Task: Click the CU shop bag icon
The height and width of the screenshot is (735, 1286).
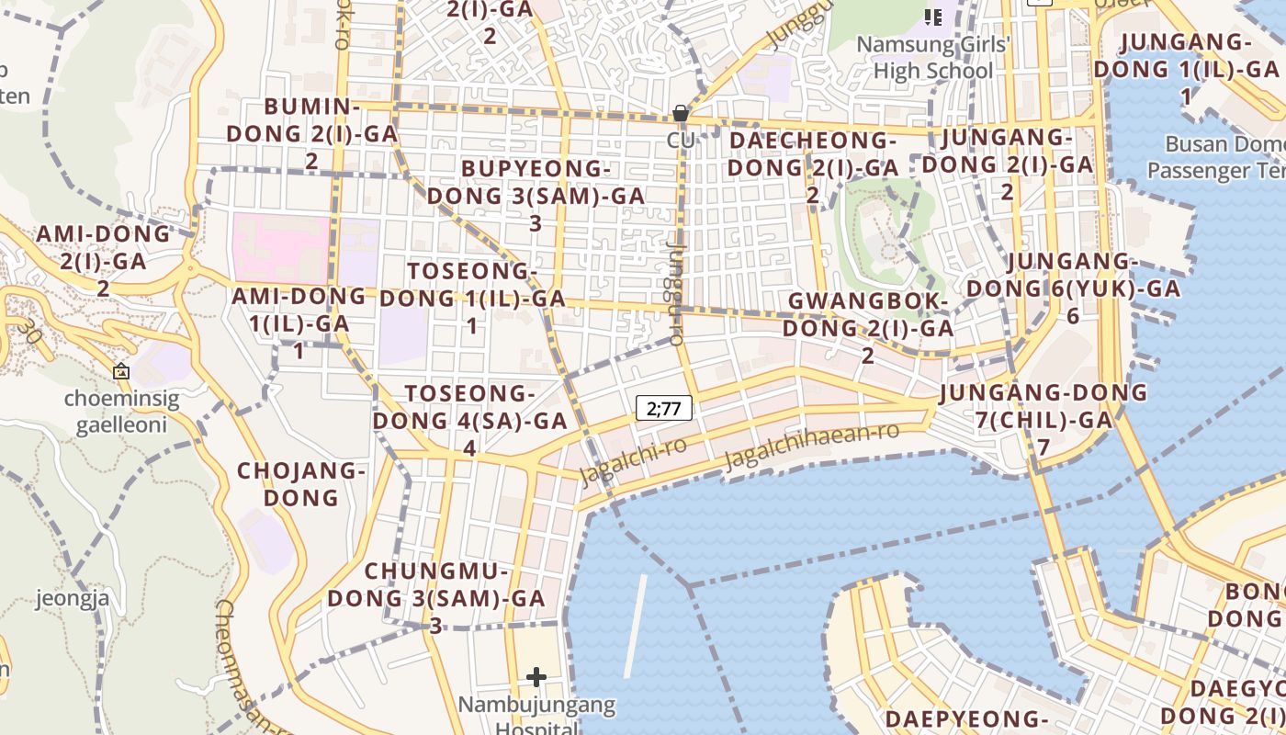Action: (x=681, y=114)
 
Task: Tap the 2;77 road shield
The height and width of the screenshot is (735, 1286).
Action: (x=664, y=408)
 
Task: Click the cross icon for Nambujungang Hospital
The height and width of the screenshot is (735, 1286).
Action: (x=536, y=678)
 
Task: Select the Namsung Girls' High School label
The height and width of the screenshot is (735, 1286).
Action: (x=933, y=57)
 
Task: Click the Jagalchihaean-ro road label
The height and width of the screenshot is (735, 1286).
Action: (x=812, y=447)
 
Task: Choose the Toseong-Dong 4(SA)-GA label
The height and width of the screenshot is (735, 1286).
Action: (x=470, y=420)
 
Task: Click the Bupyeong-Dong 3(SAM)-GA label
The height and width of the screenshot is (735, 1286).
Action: (x=536, y=196)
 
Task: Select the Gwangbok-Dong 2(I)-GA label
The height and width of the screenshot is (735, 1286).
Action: (x=867, y=327)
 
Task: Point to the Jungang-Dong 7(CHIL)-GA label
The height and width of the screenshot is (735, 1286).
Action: (x=1043, y=419)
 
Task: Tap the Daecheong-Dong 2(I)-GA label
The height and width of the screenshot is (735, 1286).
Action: (x=813, y=167)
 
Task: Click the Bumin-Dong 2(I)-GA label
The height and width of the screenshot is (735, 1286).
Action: (x=312, y=133)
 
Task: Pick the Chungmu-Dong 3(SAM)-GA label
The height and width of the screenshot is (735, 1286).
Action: (x=436, y=597)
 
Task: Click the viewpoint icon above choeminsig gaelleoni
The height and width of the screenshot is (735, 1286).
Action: (x=120, y=372)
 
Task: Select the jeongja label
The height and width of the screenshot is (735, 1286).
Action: (x=73, y=599)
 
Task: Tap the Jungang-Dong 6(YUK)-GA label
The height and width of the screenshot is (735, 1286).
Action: (x=1072, y=288)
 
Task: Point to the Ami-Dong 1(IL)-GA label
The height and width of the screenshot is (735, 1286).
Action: (x=299, y=322)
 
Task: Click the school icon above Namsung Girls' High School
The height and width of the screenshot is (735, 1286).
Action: (x=933, y=17)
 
